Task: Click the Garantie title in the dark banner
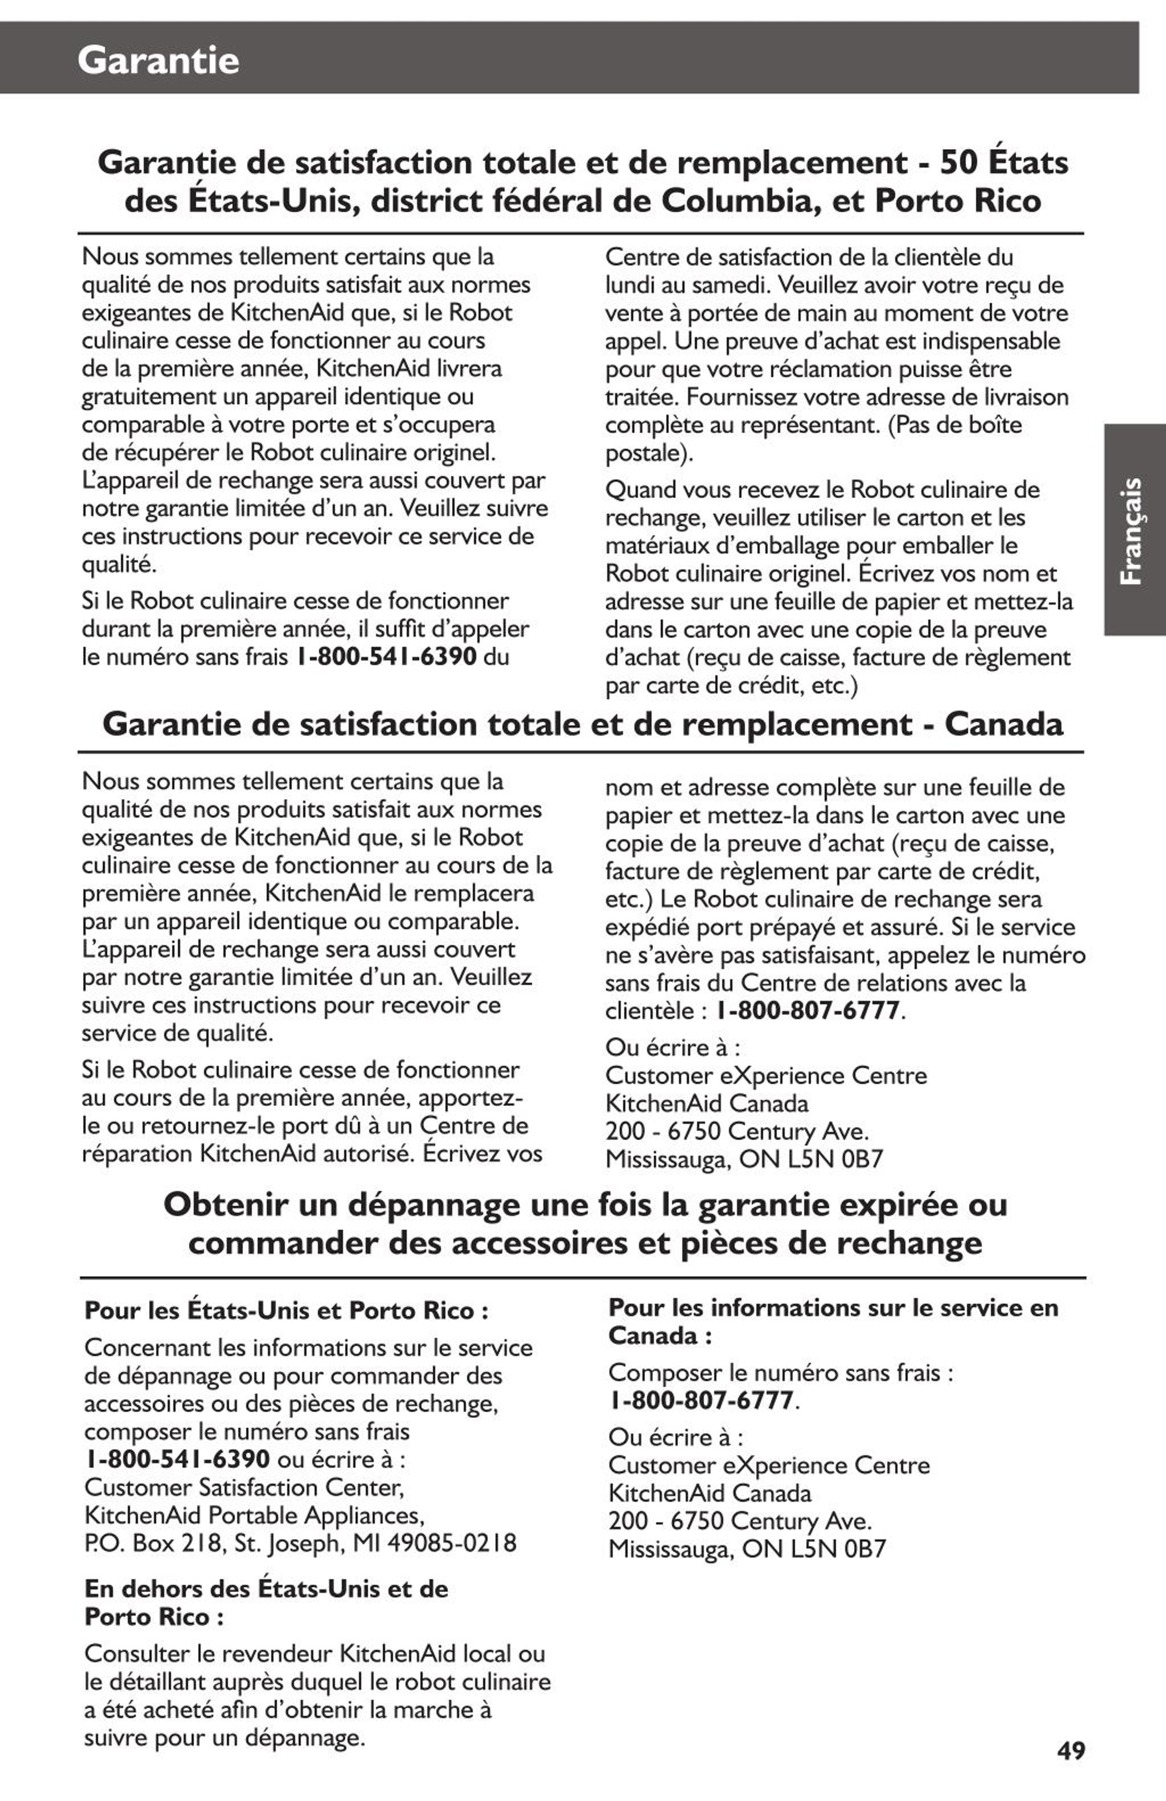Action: click(158, 60)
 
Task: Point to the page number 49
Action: click(1071, 1750)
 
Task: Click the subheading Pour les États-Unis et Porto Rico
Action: click(286, 1311)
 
